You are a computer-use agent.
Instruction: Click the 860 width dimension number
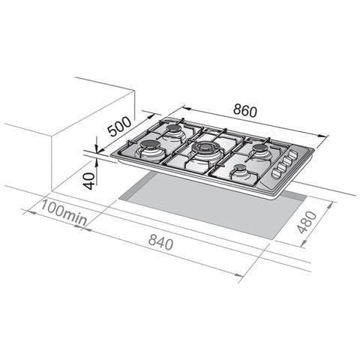(x=245, y=111)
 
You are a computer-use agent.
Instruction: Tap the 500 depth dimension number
(x=119, y=127)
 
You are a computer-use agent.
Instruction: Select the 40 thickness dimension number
(x=89, y=181)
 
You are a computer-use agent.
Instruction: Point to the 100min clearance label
(x=64, y=212)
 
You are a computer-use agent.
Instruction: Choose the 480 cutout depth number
(x=307, y=222)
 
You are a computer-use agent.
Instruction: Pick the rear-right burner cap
(x=260, y=148)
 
